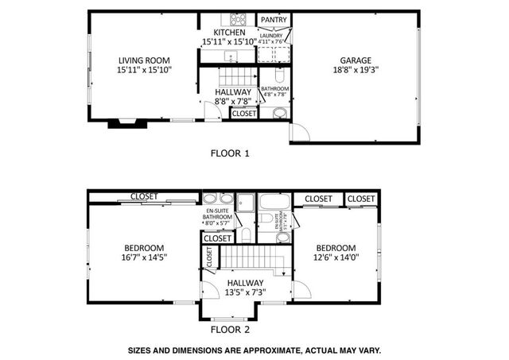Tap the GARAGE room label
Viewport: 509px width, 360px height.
356,60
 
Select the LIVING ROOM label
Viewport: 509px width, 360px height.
145,60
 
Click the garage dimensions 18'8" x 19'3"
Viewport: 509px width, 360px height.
356,70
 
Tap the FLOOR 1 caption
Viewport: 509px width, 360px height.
229,153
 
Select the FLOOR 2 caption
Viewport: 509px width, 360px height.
230,329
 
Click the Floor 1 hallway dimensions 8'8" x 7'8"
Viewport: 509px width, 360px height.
233,102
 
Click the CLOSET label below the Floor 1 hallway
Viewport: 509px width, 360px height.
243,114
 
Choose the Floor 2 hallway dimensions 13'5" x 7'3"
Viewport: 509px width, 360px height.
245,292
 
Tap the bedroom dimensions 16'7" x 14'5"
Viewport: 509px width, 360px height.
145,257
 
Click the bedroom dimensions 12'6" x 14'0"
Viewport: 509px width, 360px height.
336,257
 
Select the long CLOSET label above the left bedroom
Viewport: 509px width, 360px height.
143,196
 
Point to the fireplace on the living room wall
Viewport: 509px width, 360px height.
123,123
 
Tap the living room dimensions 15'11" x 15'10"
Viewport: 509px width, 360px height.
145,70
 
